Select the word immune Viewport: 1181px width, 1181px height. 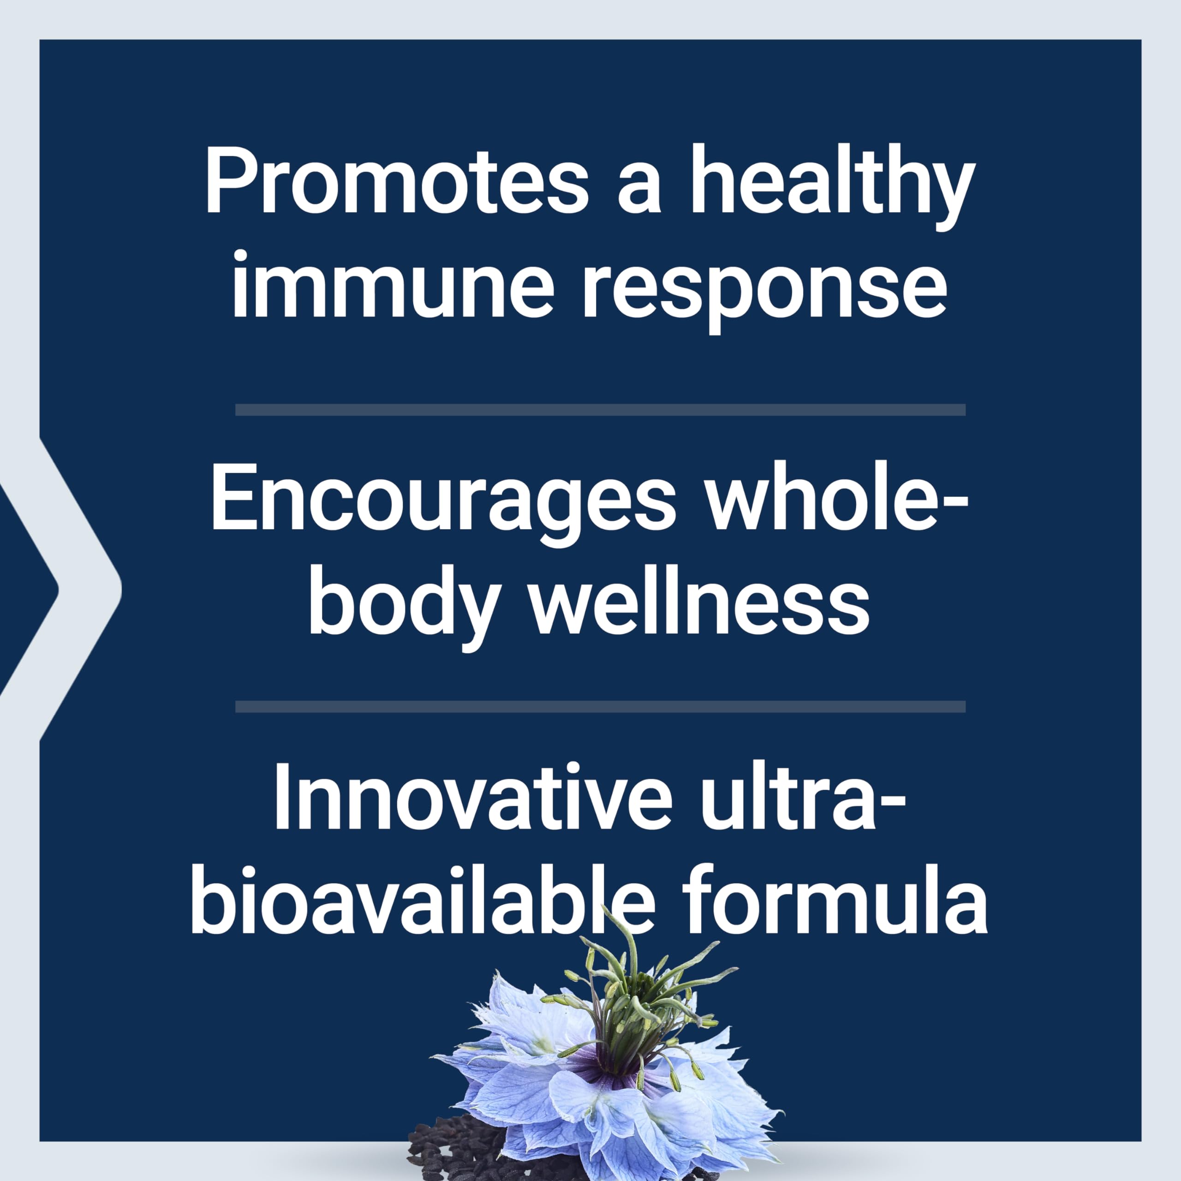392,286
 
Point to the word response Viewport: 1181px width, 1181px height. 764,286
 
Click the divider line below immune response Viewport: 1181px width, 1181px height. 600,410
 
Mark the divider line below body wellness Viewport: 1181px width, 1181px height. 600,707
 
